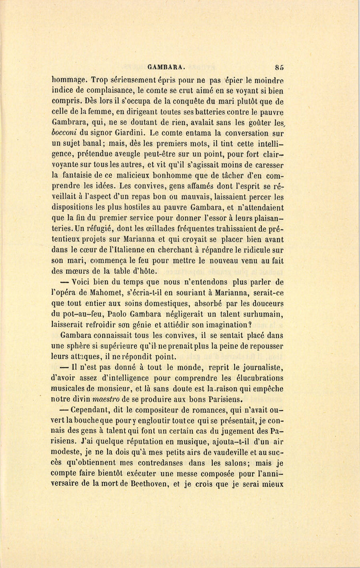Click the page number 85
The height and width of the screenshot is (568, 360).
pyautogui.click(x=279, y=67)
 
